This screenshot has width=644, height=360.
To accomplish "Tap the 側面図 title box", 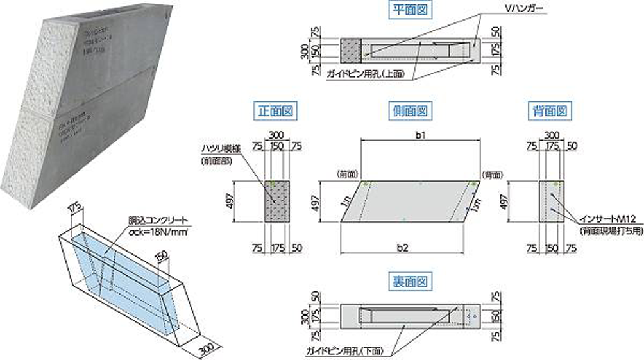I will coord(408,110).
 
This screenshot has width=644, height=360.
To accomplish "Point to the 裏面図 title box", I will coord(408,280).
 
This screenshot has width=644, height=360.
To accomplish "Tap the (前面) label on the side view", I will coord(346,174).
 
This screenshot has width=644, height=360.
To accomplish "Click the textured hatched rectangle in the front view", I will coord(278,201).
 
